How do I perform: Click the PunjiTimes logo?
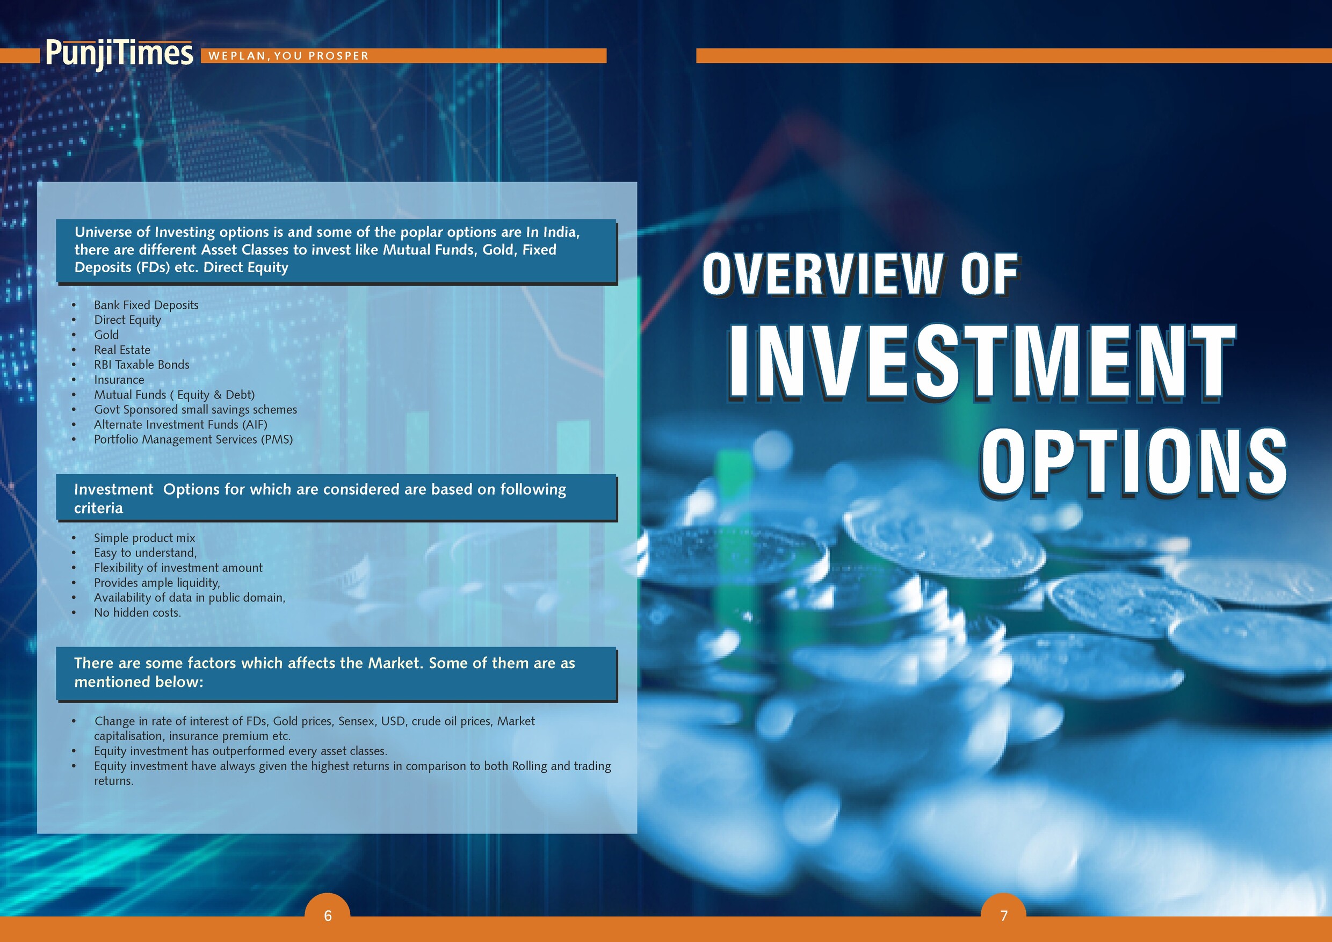(119, 54)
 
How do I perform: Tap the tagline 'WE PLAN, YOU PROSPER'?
(288, 56)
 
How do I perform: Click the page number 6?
(328, 915)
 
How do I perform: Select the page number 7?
(1004, 915)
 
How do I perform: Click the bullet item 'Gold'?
(106, 335)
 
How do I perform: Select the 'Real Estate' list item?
(122, 350)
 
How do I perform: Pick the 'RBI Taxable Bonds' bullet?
(142, 365)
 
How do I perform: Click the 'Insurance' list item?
(119, 380)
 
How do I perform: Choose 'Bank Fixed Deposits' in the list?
(146, 305)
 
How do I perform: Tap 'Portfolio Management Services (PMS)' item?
(193, 440)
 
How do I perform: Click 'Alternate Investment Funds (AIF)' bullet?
(180, 425)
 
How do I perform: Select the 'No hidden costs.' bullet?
(137, 613)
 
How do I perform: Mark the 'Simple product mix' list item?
(144, 538)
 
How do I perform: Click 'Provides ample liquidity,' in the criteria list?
(157, 583)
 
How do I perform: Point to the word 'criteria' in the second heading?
(99, 508)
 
